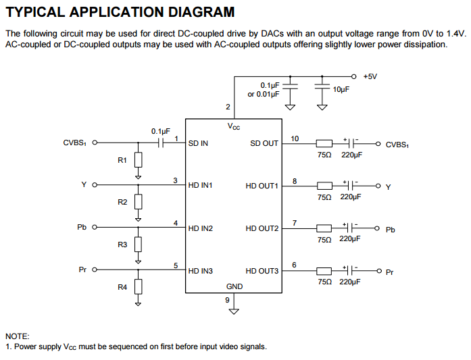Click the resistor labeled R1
pyautogui.click(x=139, y=160)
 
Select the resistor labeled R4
pyautogui.click(x=139, y=287)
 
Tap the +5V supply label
pyautogui.click(x=370, y=76)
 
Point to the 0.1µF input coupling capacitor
pyautogui.click(x=162, y=143)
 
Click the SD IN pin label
pyautogui.click(x=198, y=143)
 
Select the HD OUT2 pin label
pyautogui.click(x=262, y=228)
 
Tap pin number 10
pyautogui.click(x=295, y=138)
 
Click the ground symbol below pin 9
pyautogui.click(x=234, y=311)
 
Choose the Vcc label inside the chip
pyautogui.click(x=233, y=126)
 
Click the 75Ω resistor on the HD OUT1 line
pyautogui.click(x=324, y=185)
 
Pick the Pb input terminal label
pyautogui.click(x=82, y=228)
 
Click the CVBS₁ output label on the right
pyautogui.click(x=397, y=145)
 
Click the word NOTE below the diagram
pyautogui.click(x=17, y=336)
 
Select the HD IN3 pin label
pyautogui.click(x=201, y=271)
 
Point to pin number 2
pyautogui.click(x=228, y=107)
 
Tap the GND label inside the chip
pyautogui.click(x=234, y=286)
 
